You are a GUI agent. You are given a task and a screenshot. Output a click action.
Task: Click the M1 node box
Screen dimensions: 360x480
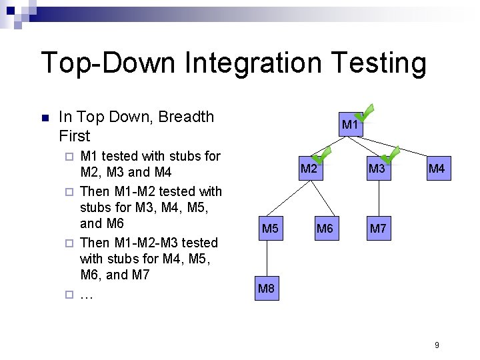click(x=350, y=125)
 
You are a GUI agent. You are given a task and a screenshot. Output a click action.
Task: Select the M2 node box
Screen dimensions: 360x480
click(x=309, y=169)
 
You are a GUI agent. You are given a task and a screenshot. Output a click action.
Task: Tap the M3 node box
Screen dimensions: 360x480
click(x=377, y=169)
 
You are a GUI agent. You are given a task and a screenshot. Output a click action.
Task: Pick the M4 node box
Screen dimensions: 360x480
click(x=437, y=169)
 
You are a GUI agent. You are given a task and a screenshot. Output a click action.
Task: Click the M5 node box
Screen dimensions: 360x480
click(x=270, y=229)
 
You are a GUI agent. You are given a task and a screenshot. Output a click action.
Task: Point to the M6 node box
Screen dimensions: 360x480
click(x=325, y=229)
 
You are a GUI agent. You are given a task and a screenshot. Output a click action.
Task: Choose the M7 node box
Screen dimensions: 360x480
click(x=378, y=229)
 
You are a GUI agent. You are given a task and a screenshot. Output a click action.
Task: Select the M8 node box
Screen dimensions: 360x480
click(x=266, y=289)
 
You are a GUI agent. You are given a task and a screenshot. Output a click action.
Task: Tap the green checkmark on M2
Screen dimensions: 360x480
click(x=322, y=156)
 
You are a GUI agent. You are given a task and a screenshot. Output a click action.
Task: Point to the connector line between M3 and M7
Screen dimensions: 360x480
click(x=378, y=199)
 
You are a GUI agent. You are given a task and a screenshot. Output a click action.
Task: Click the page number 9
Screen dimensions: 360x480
click(x=437, y=345)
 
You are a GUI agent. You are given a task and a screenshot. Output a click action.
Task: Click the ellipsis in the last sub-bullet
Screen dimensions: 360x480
click(x=86, y=294)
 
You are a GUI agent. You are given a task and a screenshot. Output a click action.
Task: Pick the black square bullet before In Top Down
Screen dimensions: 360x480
click(x=45, y=118)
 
